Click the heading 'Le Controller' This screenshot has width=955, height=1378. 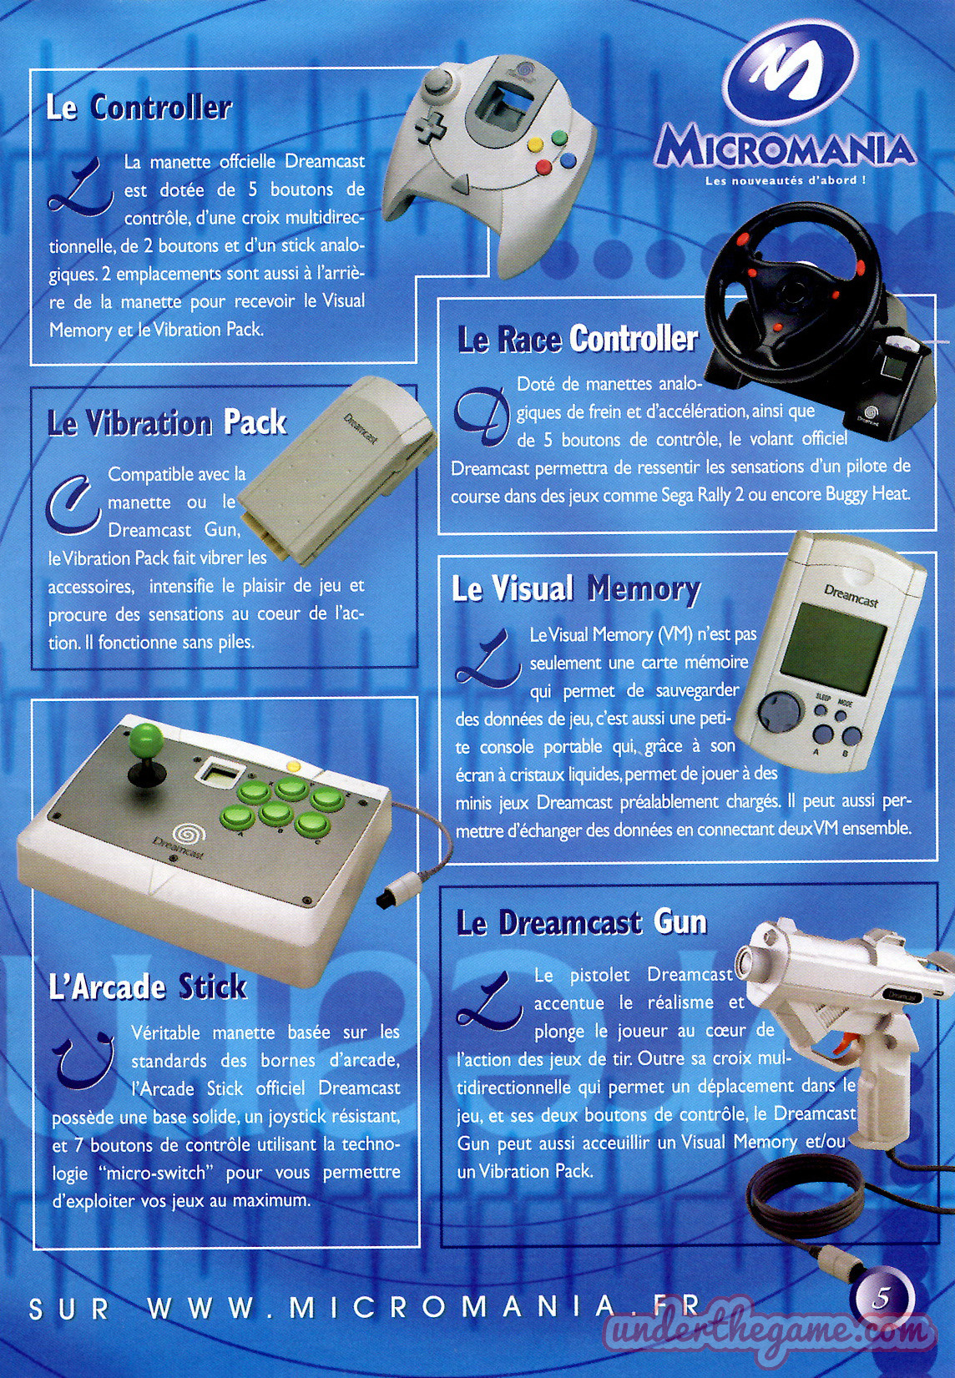point(139,109)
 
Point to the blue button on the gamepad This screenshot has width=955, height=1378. point(568,160)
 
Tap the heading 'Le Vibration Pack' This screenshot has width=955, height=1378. point(167,422)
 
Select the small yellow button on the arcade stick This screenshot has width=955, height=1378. point(294,767)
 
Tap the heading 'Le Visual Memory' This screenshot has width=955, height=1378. point(576,588)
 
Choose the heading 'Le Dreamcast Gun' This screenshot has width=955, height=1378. point(582,923)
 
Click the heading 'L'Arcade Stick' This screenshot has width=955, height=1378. point(148,987)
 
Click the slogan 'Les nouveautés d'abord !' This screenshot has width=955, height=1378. point(786,181)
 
